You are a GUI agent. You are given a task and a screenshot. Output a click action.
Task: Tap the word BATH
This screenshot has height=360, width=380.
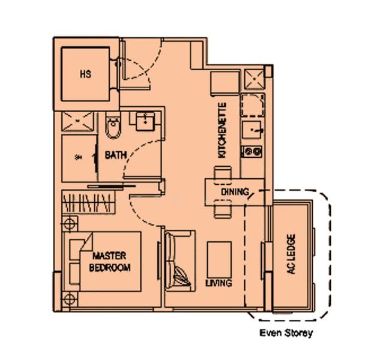(x=115, y=155)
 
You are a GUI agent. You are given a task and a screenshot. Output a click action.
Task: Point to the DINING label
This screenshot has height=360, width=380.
(x=234, y=191)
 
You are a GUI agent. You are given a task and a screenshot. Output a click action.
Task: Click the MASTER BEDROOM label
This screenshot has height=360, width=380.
(x=110, y=262)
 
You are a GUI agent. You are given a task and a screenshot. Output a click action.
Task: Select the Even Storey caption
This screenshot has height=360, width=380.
(x=286, y=332)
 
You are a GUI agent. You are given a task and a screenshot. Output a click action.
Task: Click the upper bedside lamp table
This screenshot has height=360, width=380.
(x=70, y=224)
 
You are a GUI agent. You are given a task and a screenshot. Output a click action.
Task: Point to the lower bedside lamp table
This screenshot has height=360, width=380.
(x=70, y=298)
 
